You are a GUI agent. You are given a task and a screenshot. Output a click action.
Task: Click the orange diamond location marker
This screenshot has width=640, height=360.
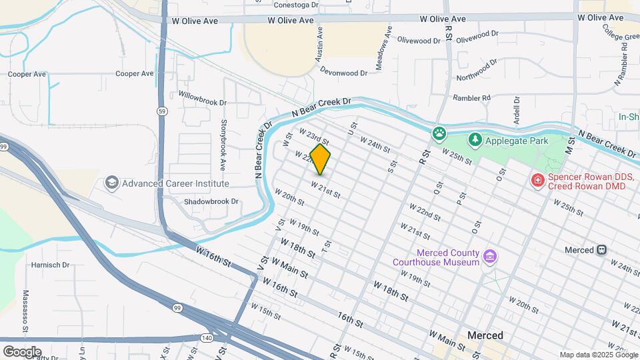(321, 159)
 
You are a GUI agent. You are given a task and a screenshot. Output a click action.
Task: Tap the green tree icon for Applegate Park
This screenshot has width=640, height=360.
(475, 140)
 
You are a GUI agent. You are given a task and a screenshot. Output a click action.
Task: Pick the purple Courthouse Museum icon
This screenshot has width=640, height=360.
(490, 257)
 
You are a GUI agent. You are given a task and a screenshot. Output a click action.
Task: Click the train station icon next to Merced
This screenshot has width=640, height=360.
(602, 249)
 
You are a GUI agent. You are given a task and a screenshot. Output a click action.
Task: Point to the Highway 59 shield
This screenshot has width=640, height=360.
(162, 110)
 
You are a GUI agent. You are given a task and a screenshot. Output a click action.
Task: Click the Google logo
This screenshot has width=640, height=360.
(22, 351)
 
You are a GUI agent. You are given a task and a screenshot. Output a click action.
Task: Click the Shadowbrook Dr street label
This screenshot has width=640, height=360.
(211, 201)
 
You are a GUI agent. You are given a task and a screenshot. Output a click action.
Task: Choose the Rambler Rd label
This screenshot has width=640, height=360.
(471, 97)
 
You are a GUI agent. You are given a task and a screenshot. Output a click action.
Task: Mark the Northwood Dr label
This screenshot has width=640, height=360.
(477, 69)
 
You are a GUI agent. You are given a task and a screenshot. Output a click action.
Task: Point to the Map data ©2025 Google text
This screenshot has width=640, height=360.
(597, 355)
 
